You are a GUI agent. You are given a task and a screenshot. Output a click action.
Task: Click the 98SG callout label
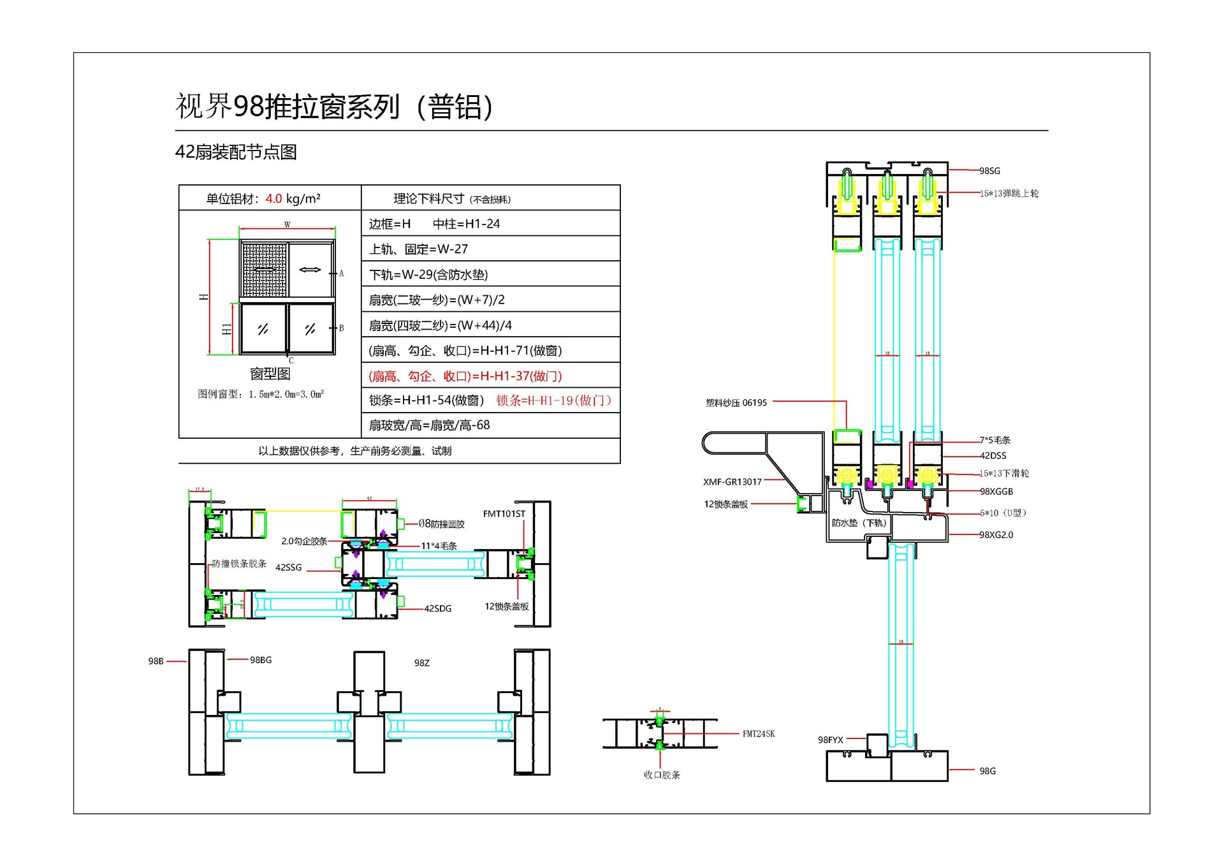tap(989, 171)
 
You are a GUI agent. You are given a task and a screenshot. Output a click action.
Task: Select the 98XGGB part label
tap(996, 492)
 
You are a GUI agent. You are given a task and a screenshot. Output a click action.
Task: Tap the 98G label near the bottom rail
tap(987, 771)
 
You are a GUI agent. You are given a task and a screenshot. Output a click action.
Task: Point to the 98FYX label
tap(830, 740)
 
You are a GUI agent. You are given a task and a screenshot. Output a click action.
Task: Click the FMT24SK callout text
tap(758, 734)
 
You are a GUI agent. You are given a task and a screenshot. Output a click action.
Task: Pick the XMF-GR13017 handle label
tap(732, 482)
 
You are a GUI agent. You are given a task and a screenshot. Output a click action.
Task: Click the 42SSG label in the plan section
tap(288, 568)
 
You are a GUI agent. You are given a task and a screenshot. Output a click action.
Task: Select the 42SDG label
tap(437, 609)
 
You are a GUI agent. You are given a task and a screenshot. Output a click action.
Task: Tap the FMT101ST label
tap(504, 514)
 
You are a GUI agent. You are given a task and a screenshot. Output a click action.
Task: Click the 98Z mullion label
tap(421, 663)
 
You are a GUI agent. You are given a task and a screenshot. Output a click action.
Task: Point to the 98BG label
tap(260, 660)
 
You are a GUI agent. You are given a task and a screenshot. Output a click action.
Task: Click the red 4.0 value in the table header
tap(273, 199)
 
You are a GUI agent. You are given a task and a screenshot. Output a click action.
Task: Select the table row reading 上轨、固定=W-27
tap(418, 249)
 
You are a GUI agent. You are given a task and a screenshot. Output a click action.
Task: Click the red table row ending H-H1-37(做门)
tap(465, 376)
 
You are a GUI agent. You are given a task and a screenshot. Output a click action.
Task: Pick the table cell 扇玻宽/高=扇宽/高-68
tap(429, 425)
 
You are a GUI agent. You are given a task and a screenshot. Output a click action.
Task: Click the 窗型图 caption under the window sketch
tap(270, 374)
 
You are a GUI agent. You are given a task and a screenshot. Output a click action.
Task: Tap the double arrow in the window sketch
tap(310, 270)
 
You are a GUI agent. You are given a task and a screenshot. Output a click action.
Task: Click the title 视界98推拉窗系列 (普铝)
tap(333, 106)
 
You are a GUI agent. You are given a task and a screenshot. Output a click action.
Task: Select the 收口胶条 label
tap(661, 775)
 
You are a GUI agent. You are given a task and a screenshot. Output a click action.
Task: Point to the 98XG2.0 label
tap(996, 535)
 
